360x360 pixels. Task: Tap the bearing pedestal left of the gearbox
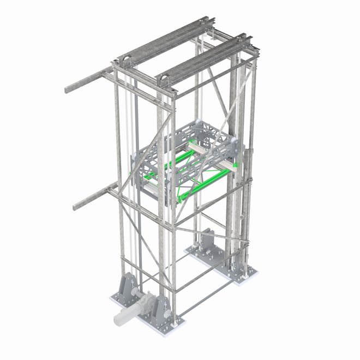[125, 288]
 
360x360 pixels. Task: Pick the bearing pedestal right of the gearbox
[162, 309]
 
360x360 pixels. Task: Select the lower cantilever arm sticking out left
[90, 198]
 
